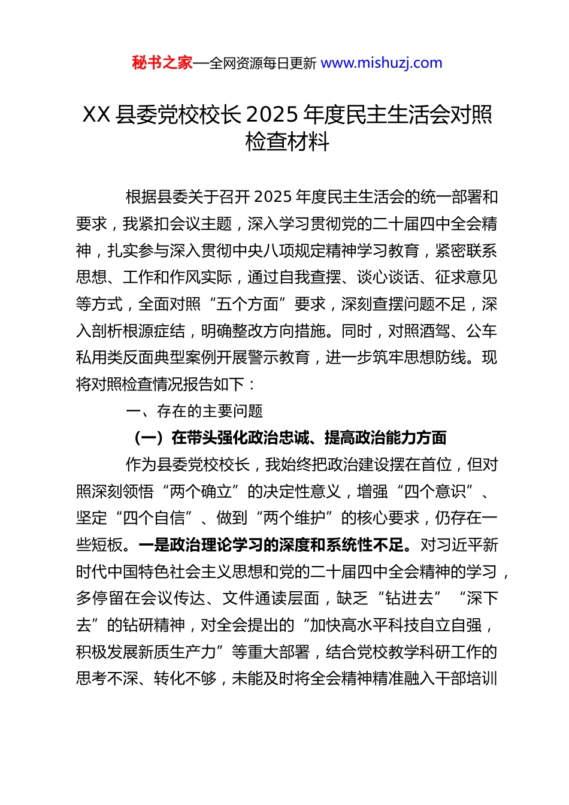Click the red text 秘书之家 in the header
(x=162, y=63)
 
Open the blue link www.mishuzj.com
(x=382, y=63)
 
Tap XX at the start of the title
(x=96, y=114)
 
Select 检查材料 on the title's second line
(x=287, y=142)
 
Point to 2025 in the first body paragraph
(x=274, y=197)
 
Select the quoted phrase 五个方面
(x=247, y=304)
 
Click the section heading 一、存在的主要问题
(x=195, y=411)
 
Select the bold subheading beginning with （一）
(x=288, y=438)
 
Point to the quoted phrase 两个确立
(x=201, y=492)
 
